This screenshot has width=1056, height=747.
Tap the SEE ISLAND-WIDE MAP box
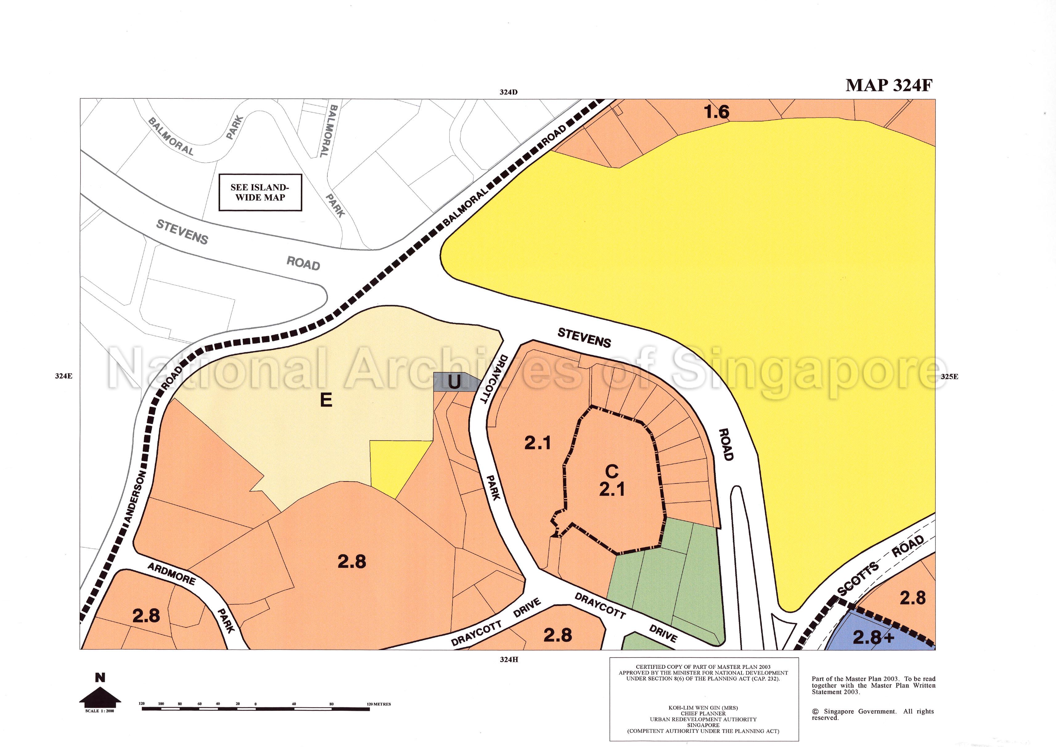click(x=260, y=193)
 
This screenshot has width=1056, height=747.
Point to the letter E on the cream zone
click(x=326, y=400)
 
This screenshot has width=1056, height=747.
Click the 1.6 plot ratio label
click(x=717, y=112)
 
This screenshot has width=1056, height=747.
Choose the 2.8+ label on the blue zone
click(x=873, y=637)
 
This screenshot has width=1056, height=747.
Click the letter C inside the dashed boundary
click(x=612, y=471)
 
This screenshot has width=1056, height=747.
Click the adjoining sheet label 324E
click(x=64, y=376)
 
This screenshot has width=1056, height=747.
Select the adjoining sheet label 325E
click(x=949, y=376)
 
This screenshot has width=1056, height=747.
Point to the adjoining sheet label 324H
click(x=509, y=660)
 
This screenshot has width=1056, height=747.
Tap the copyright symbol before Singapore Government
click(x=816, y=712)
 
